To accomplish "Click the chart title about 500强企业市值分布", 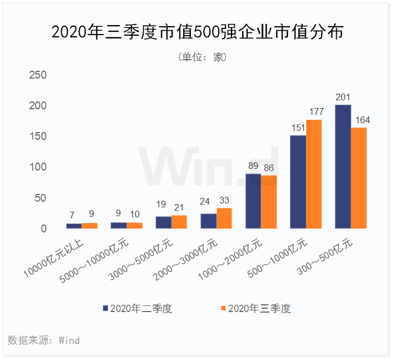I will click(x=196, y=32).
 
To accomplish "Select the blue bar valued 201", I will click(x=343, y=167).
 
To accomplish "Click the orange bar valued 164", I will click(x=359, y=178).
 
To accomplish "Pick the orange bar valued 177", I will click(x=314, y=174).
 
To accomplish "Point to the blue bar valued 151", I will click(x=298, y=182).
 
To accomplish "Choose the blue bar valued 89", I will click(x=253, y=201).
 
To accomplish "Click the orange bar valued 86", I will click(x=269, y=202).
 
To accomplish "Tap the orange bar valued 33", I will click(x=224, y=218).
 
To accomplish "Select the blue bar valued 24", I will click(x=208, y=221).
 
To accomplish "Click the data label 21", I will click(x=179, y=208).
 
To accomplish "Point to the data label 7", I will click(x=73, y=215).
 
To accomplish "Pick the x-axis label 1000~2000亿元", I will click(x=237, y=256).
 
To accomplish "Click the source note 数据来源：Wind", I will click(x=44, y=340).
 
